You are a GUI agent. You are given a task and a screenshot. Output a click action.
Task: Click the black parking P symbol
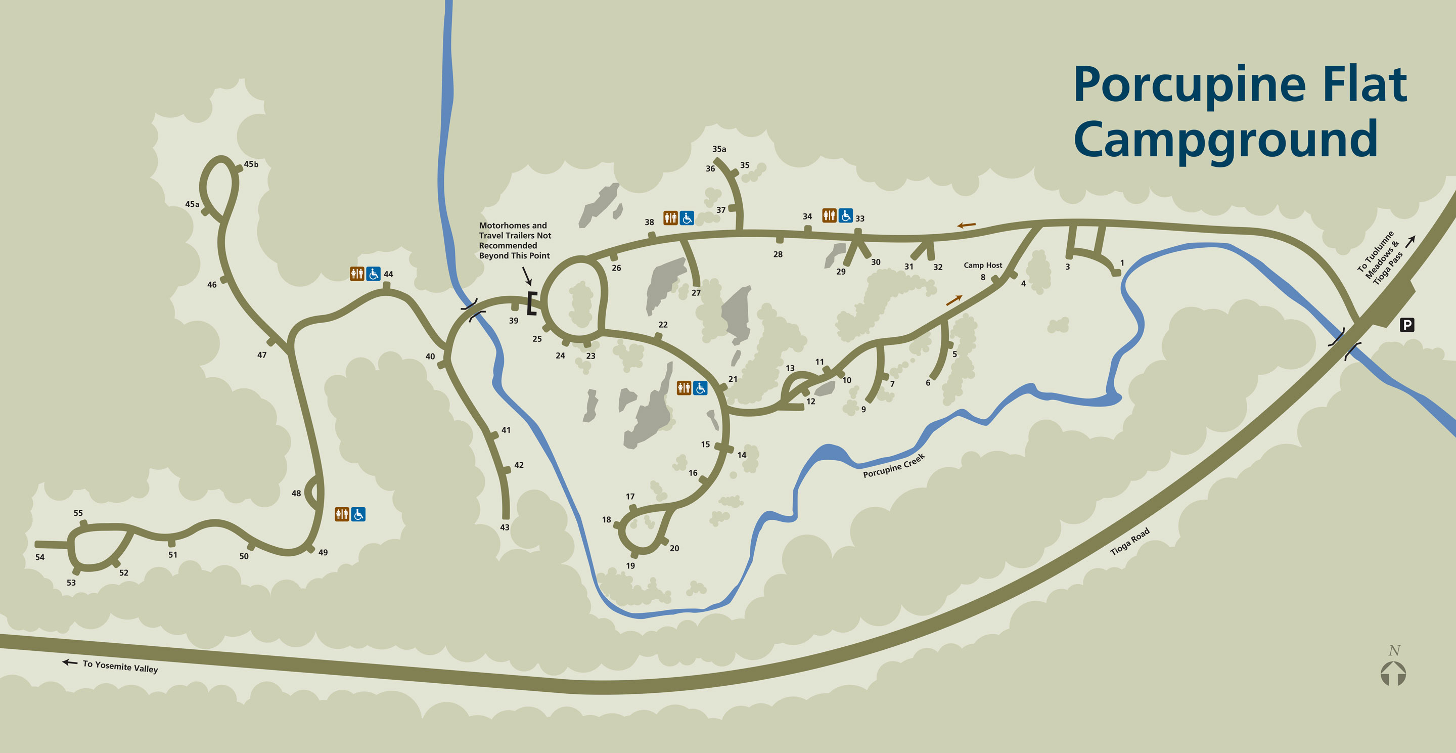point(1407,325)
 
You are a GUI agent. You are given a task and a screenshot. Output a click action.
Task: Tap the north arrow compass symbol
point(1393,673)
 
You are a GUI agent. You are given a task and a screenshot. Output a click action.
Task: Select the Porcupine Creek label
point(894,466)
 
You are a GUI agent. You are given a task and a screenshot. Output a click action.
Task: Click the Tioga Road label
point(1129,542)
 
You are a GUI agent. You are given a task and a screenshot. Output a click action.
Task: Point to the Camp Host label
point(982,265)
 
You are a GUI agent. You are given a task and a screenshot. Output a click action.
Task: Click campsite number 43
point(505,527)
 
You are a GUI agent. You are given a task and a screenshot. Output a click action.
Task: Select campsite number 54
point(39,557)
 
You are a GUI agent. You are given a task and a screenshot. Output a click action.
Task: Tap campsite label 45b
point(251,164)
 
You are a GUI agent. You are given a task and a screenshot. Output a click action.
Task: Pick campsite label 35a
point(719,149)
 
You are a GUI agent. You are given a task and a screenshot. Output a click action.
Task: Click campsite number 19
point(630,566)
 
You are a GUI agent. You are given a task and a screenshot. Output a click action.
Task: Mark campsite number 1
point(1122,263)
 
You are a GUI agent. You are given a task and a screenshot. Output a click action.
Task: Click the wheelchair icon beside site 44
point(373,274)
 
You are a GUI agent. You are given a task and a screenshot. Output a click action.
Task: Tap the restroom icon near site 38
point(670,217)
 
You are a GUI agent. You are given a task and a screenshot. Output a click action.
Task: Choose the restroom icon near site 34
point(829,215)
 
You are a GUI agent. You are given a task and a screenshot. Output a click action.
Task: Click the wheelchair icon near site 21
point(700,388)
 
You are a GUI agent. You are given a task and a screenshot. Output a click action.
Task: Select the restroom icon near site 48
point(342,514)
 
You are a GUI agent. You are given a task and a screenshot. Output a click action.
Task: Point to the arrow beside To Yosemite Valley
point(70,662)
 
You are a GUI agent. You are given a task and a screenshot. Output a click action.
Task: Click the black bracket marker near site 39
point(531,303)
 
